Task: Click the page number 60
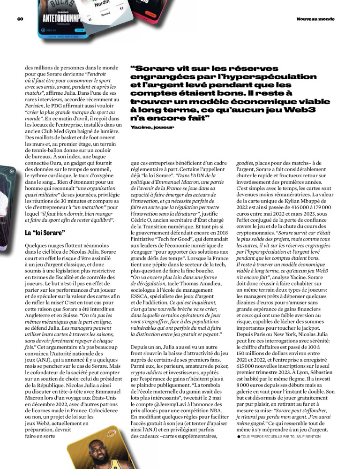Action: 20,19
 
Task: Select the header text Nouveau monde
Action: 315,19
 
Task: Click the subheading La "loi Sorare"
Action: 45,233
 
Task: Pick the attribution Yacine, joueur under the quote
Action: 152,127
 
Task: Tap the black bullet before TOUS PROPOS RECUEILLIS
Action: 239,437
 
